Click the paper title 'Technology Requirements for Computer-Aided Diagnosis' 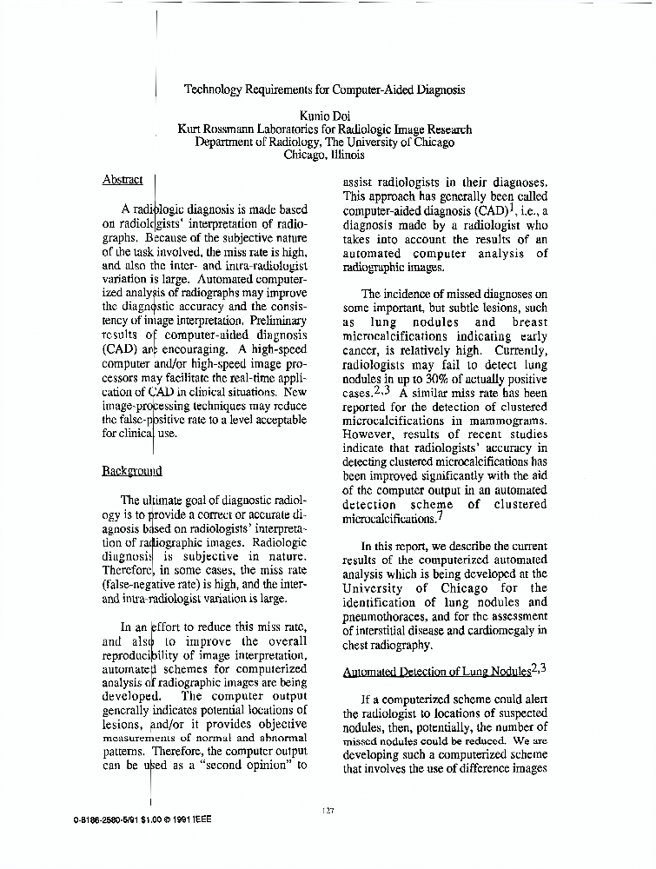point(325,89)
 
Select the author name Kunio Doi point(325,116)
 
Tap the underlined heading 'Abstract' point(123,180)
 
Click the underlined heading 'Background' point(132,471)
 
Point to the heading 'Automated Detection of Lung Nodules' point(437,672)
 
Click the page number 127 point(328,810)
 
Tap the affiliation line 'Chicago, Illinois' point(324,156)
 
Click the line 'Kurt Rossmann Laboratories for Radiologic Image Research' point(325,129)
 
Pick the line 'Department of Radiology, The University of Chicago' point(325,143)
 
